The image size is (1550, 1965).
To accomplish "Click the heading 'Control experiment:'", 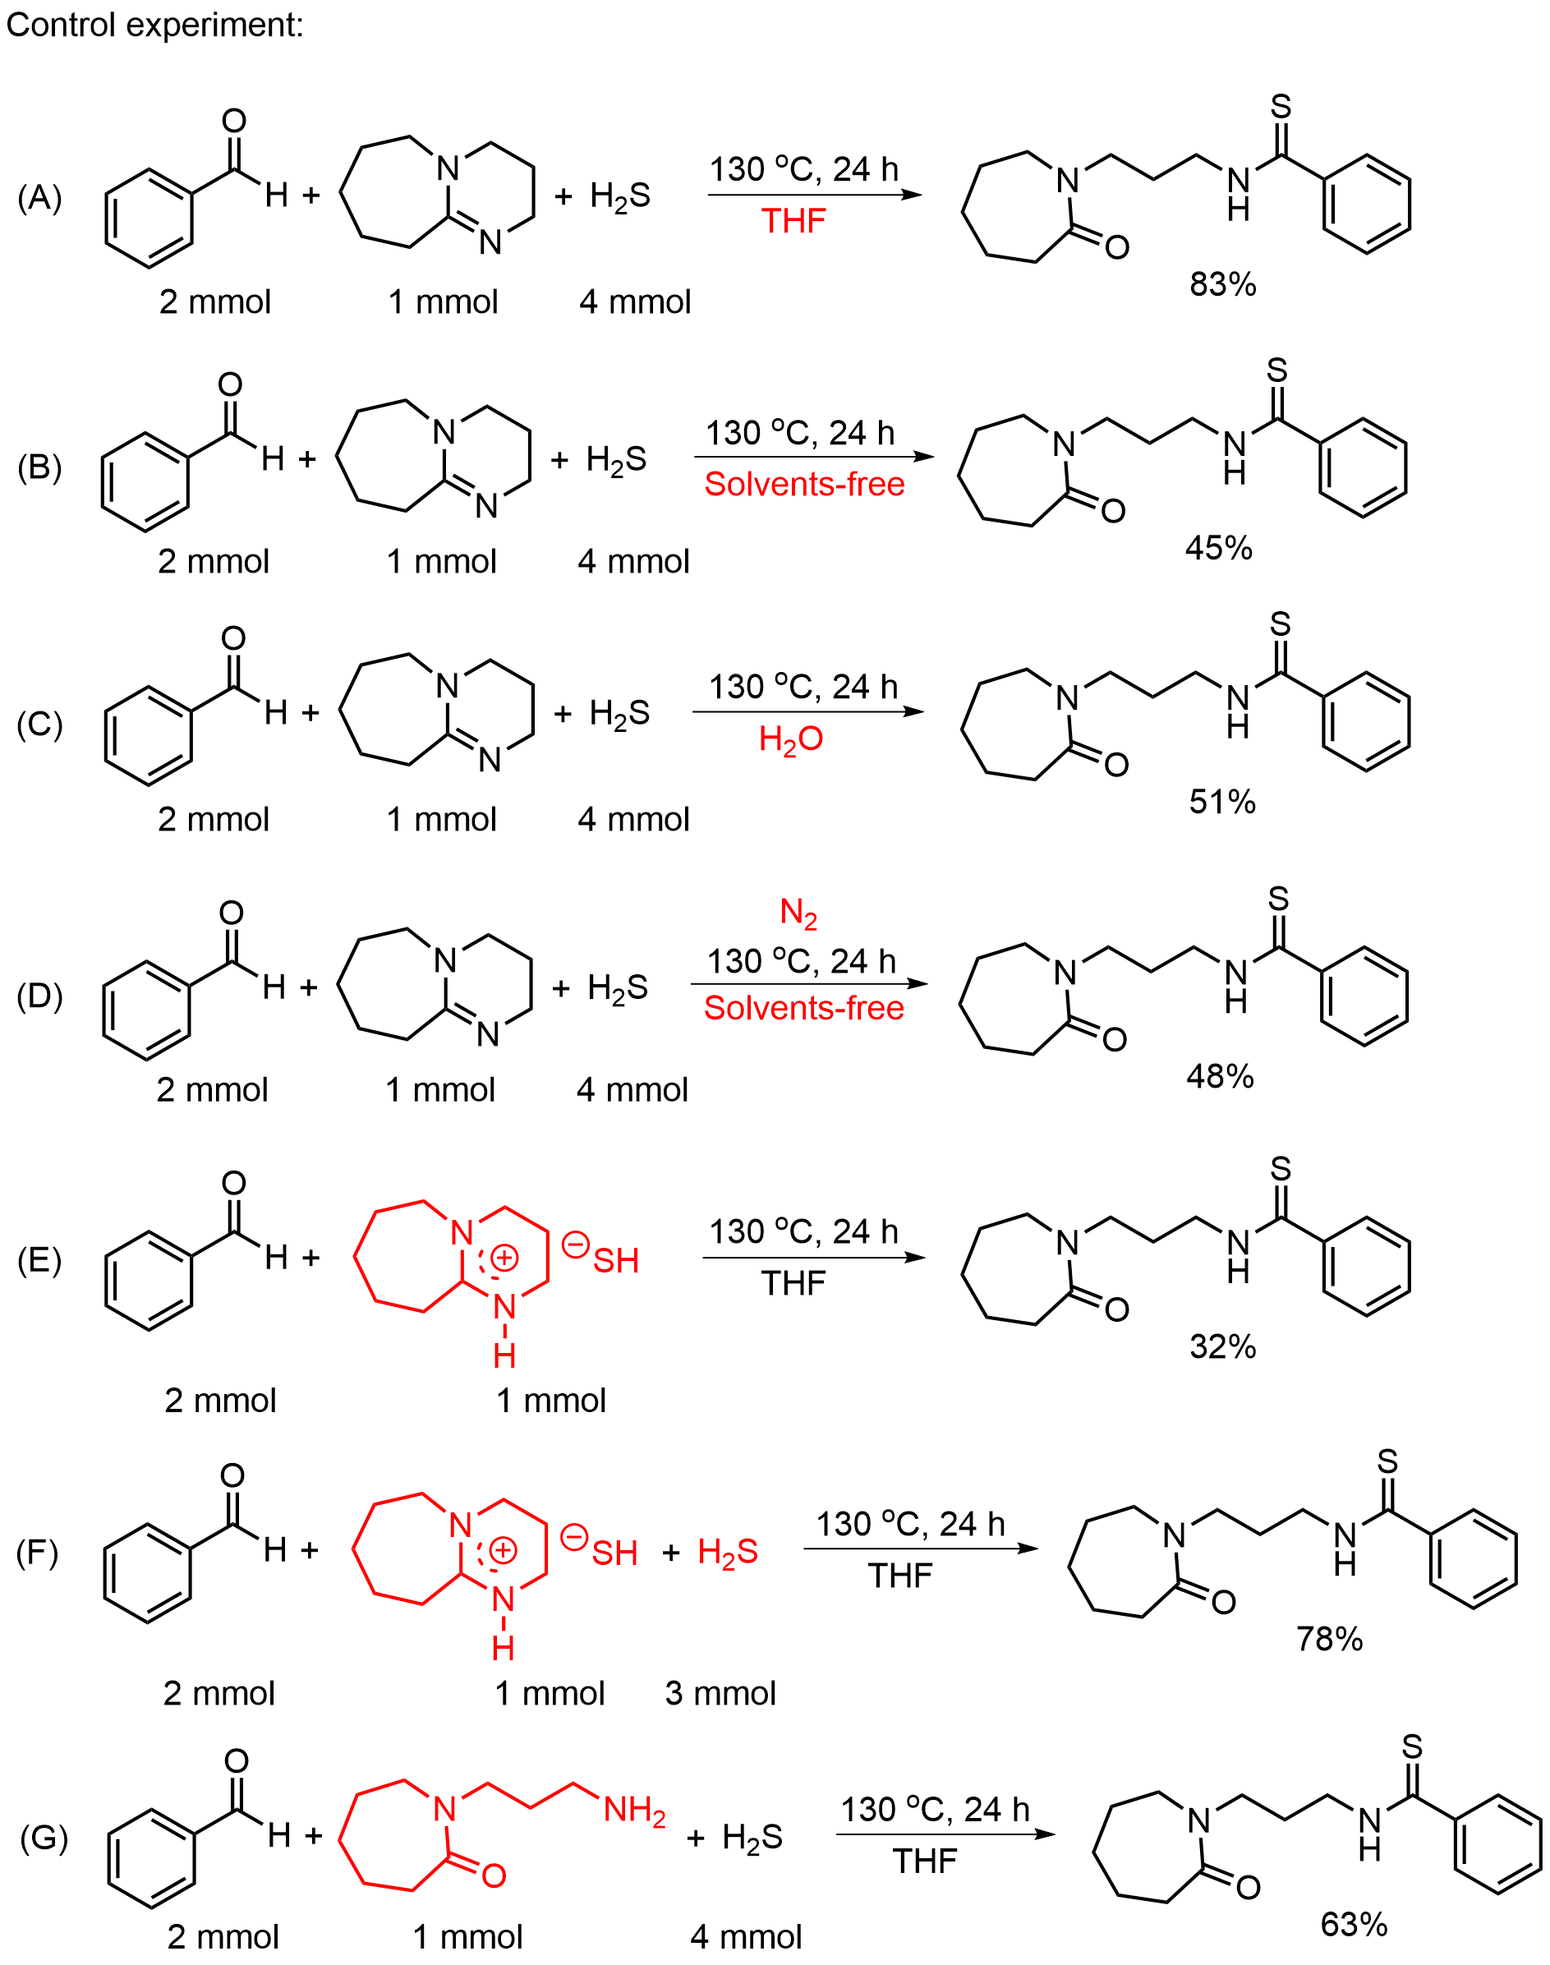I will [154, 25].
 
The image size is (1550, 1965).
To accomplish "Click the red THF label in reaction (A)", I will [793, 220].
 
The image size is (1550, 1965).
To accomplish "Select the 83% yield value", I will [1222, 284].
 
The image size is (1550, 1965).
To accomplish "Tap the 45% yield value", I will [1218, 547].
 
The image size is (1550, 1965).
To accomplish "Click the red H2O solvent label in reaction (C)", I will [790, 739].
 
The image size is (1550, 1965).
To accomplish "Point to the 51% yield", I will [1221, 802].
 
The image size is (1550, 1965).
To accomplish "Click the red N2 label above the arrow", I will [798, 913].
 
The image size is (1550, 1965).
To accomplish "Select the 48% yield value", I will [1220, 1075].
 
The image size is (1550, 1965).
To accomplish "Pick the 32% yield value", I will [1222, 1346].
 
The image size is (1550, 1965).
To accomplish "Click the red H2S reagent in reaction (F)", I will [727, 1551].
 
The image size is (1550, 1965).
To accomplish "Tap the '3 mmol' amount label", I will [720, 1693].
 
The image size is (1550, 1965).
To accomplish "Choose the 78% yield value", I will [1328, 1638].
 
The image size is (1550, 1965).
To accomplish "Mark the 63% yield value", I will [1353, 1923].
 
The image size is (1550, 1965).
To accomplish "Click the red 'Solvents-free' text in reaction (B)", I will [804, 484].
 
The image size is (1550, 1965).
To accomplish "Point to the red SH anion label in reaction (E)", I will [615, 1260].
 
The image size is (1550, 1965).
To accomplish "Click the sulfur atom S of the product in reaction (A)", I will [1280, 106].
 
